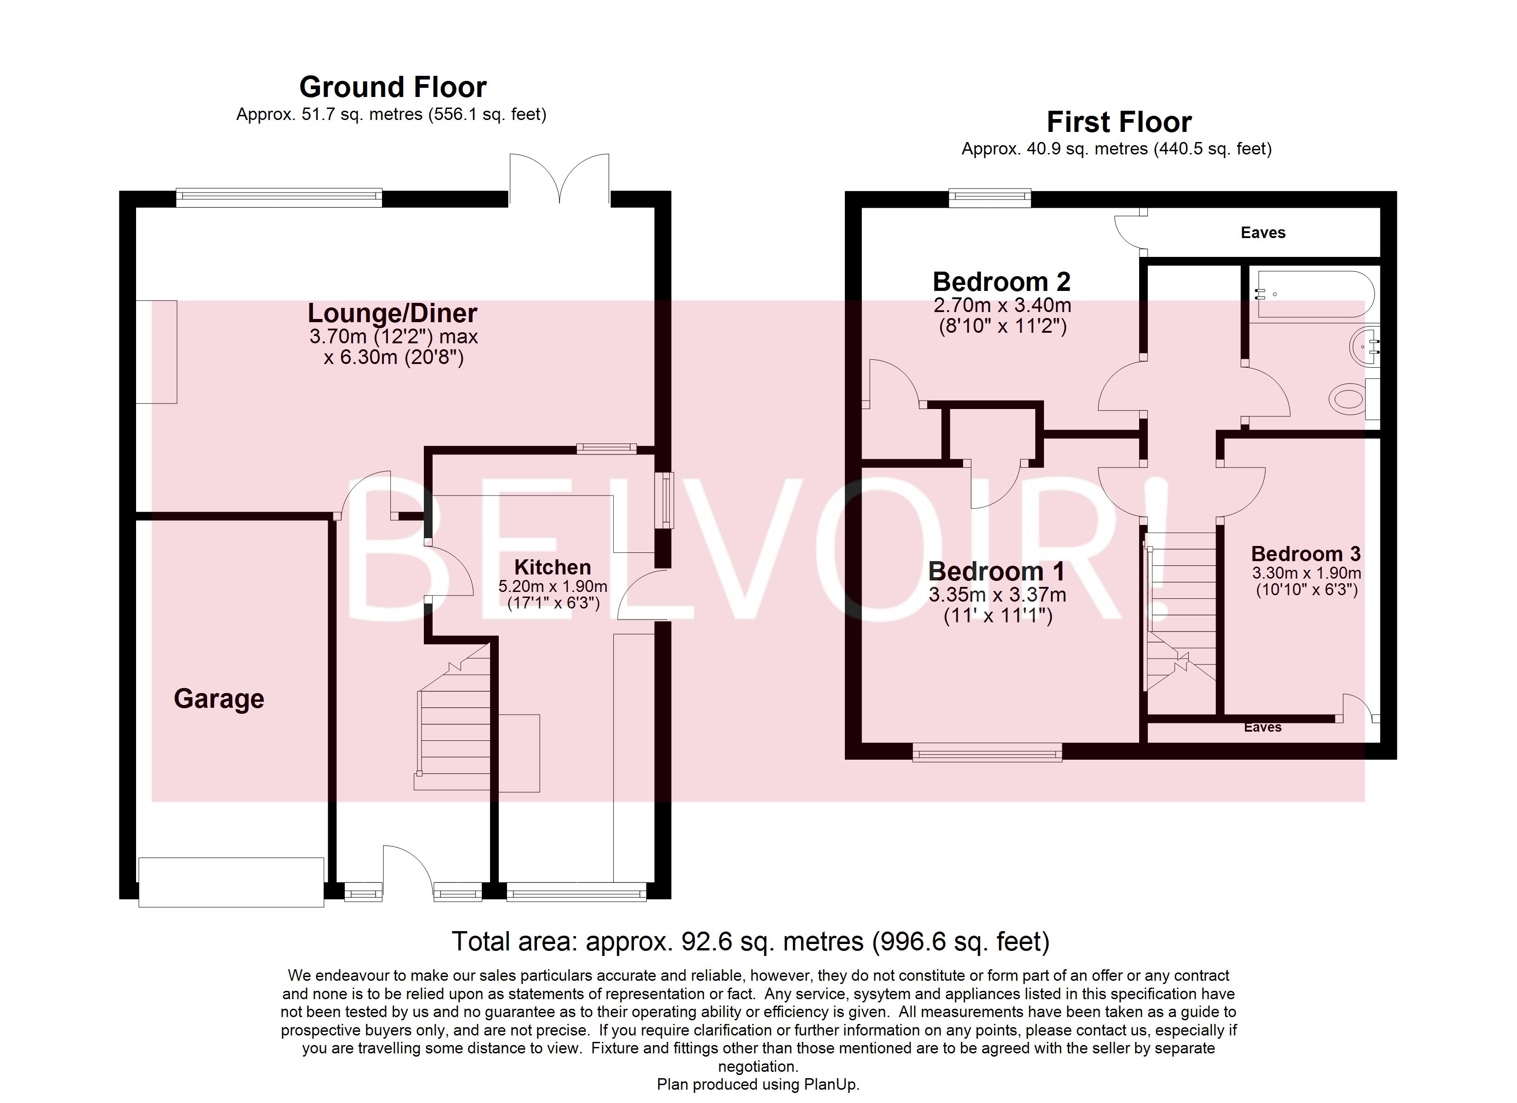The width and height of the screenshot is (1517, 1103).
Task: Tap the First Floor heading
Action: point(1119,122)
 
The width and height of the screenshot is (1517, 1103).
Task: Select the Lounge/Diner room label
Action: point(393,313)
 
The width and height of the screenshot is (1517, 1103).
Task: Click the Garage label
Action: point(219,699)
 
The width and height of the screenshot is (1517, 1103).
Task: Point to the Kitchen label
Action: point(553,567)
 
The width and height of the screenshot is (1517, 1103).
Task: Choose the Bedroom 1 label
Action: point(997,571)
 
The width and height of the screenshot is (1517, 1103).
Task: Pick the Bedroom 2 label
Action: point(1001,282)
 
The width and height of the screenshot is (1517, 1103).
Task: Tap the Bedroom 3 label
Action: point(1306,554)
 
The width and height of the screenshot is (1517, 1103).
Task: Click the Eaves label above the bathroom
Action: point(1263,233)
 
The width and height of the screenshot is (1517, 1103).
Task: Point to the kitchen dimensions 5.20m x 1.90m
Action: point(553,586)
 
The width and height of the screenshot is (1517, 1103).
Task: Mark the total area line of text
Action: point(751,942)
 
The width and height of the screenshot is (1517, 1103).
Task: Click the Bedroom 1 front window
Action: point(987,754)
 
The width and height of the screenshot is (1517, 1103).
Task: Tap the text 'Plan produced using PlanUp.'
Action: point(758,1084)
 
